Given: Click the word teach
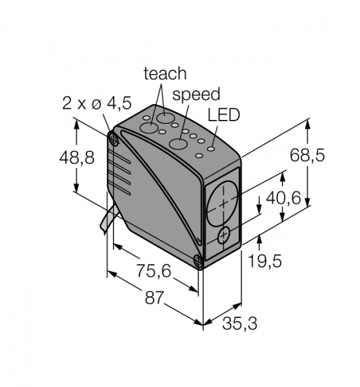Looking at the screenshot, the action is tap(165, 74).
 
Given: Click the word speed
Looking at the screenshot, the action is tap(196, 94).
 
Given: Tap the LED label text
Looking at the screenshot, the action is tap(224, 115).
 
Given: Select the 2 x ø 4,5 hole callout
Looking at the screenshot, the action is tap(97, 103).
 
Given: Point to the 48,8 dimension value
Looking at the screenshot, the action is tap(77, 157).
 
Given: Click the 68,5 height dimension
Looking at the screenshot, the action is tap(307, 155).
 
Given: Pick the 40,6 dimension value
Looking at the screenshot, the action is tap(283, 197).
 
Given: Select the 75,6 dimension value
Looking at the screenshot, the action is tap(154, 270).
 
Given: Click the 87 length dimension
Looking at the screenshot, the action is tap(155, 297).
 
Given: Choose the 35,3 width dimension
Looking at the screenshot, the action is tap(240, 323).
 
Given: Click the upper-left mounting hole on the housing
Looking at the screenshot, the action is tap(114, 140).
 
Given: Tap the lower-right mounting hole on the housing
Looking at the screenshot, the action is tap(198, 261).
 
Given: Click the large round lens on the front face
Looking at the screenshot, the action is tap(222, 204).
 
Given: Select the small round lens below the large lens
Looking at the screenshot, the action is tap(224, 235).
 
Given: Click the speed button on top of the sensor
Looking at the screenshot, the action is tap(178, 144).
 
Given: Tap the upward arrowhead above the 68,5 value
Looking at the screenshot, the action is tap(307, 123).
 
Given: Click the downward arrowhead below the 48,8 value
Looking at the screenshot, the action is tap(77, 187).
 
